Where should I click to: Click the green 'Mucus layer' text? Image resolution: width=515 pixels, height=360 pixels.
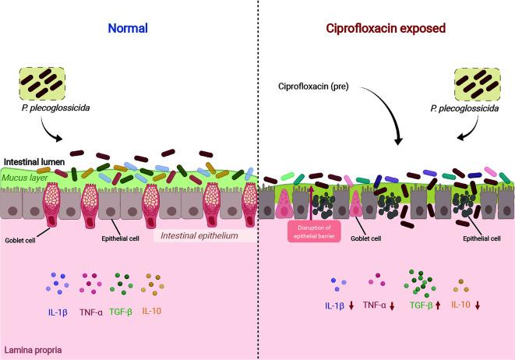(28, 178)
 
